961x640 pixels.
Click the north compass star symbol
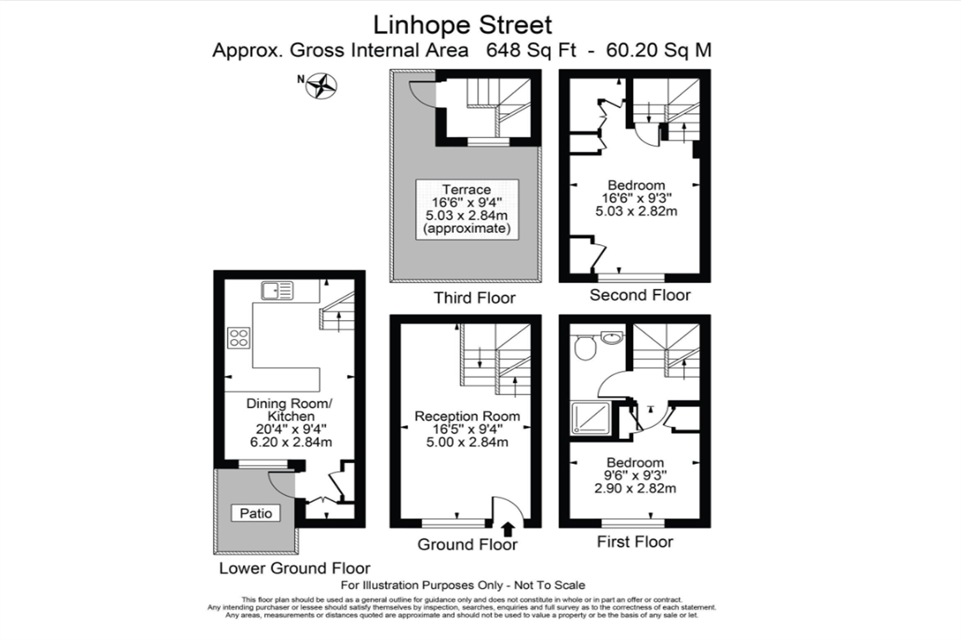coord(322,86)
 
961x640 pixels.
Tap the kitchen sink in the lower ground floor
coord(277,291)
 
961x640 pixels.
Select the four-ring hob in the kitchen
coord(238,338)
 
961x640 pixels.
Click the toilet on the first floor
coord(585,348)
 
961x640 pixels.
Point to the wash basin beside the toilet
coord(612,338)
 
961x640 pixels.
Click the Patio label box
coord(256,513)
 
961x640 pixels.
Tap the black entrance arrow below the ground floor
coord(508,529)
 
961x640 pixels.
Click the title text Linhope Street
coord(463,25)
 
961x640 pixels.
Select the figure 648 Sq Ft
coord(531,50)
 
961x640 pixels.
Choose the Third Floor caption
coord(475,298)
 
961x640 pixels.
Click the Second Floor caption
coord(640,295)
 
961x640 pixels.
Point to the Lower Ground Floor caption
coord(295,568)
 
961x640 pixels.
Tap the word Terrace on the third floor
coord(466,189)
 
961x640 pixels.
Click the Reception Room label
coord(467,416)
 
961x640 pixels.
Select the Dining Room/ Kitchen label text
coord(290,410)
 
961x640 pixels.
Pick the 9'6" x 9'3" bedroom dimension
coord(635,476)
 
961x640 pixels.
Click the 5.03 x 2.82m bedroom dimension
coord(636,211)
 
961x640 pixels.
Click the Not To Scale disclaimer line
coord(463,585)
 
